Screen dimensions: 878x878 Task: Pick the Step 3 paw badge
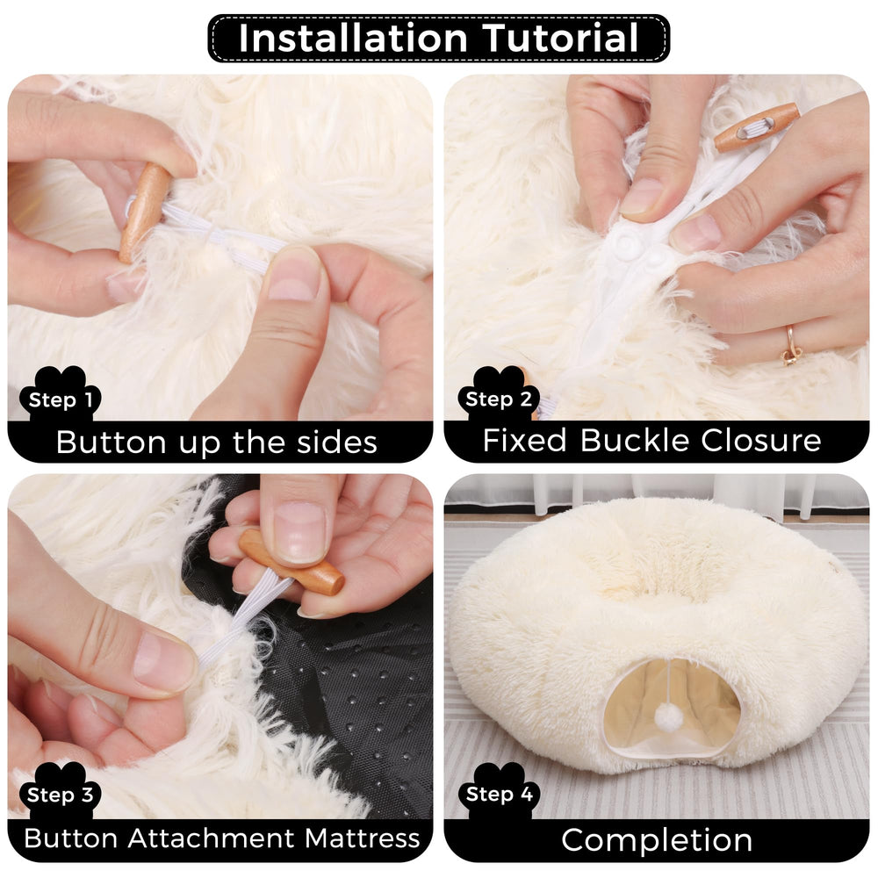click(60, 795)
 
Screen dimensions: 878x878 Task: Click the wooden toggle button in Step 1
click(145, 211)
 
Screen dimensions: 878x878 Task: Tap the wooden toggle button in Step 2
click(756, 126)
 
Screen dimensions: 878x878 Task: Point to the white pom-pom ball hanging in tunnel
click(669, 717)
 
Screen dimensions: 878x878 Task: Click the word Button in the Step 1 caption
click(112, 442)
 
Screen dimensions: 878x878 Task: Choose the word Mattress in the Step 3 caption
click(363, 838)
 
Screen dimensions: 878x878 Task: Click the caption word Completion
click(657, 839)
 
